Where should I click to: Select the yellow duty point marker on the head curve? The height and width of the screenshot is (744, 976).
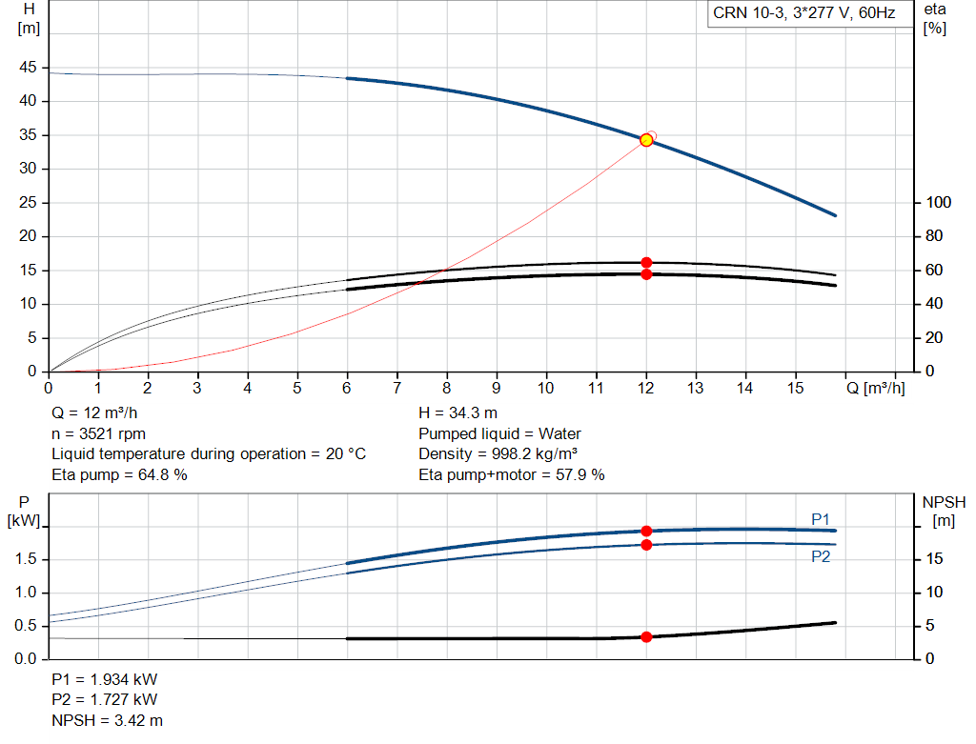click(x=646, y=140)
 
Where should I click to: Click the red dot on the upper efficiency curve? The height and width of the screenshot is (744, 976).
click(x=646, y=262)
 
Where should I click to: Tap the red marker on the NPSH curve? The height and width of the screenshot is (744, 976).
click(x=646, y=636)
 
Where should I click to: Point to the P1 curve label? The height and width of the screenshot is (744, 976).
click(x=820, y=518)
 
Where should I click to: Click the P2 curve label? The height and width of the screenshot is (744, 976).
click(x=820, y=556)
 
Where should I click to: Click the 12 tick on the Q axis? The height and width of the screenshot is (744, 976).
click(x=646, y=388)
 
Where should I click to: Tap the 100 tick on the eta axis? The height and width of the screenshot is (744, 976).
click(x=939, y=203)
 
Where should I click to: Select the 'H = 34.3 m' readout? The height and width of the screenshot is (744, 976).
click(x=457, y=413)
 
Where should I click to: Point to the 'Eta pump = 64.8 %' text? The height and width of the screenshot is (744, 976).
click(x=119, y=474)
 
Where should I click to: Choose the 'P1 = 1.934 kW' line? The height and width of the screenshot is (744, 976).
click(x=104, y=680)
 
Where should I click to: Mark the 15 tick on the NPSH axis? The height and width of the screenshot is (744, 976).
click(x=934, y=559)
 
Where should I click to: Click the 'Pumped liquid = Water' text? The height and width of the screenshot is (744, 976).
click(x=499, y=433)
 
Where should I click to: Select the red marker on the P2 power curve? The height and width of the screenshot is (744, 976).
click(x=646, y=545)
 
